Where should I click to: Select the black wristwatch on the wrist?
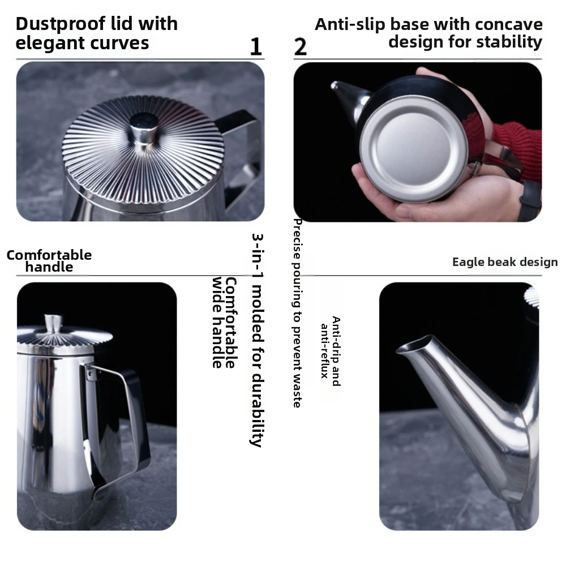[530, 201]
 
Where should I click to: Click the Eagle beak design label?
[505, 262]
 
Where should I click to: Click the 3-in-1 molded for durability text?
[257, 340]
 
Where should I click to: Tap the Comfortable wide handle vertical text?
[224, 323]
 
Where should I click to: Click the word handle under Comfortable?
[49, 267]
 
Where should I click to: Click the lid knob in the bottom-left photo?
[53, 323]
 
